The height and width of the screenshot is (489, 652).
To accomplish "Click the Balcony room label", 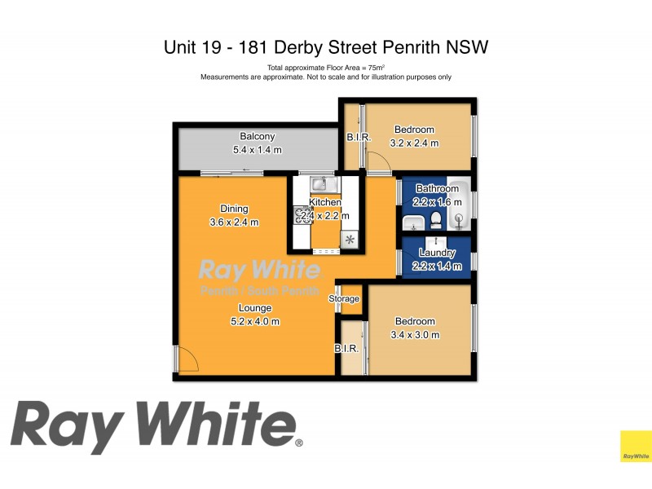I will (257, 136).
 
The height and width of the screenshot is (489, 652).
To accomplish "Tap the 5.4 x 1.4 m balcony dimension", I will (257, 150).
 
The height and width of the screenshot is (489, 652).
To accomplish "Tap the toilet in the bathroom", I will (436, 219).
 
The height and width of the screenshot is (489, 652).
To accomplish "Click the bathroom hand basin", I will (411, 222).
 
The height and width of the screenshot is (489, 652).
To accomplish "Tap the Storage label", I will (344, 299).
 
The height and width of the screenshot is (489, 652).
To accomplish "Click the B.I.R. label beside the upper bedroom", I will (359, 138).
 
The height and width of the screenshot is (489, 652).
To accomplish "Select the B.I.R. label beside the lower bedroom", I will (346, 348).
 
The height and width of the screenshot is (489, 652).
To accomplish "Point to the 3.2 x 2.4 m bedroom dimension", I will (414, 143).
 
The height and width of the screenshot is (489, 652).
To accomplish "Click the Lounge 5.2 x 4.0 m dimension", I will (254, 321).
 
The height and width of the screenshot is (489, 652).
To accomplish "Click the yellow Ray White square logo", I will (636, 446).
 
